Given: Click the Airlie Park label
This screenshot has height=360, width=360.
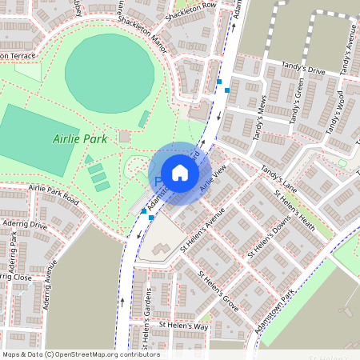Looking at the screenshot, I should (79, 138).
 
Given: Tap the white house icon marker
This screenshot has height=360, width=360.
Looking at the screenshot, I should (180, 173).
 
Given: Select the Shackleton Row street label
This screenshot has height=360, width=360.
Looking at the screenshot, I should (191, 7).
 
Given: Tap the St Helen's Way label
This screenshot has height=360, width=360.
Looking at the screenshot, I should (182, 326).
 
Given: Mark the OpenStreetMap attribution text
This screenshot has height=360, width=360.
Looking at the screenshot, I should (81, 354).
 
